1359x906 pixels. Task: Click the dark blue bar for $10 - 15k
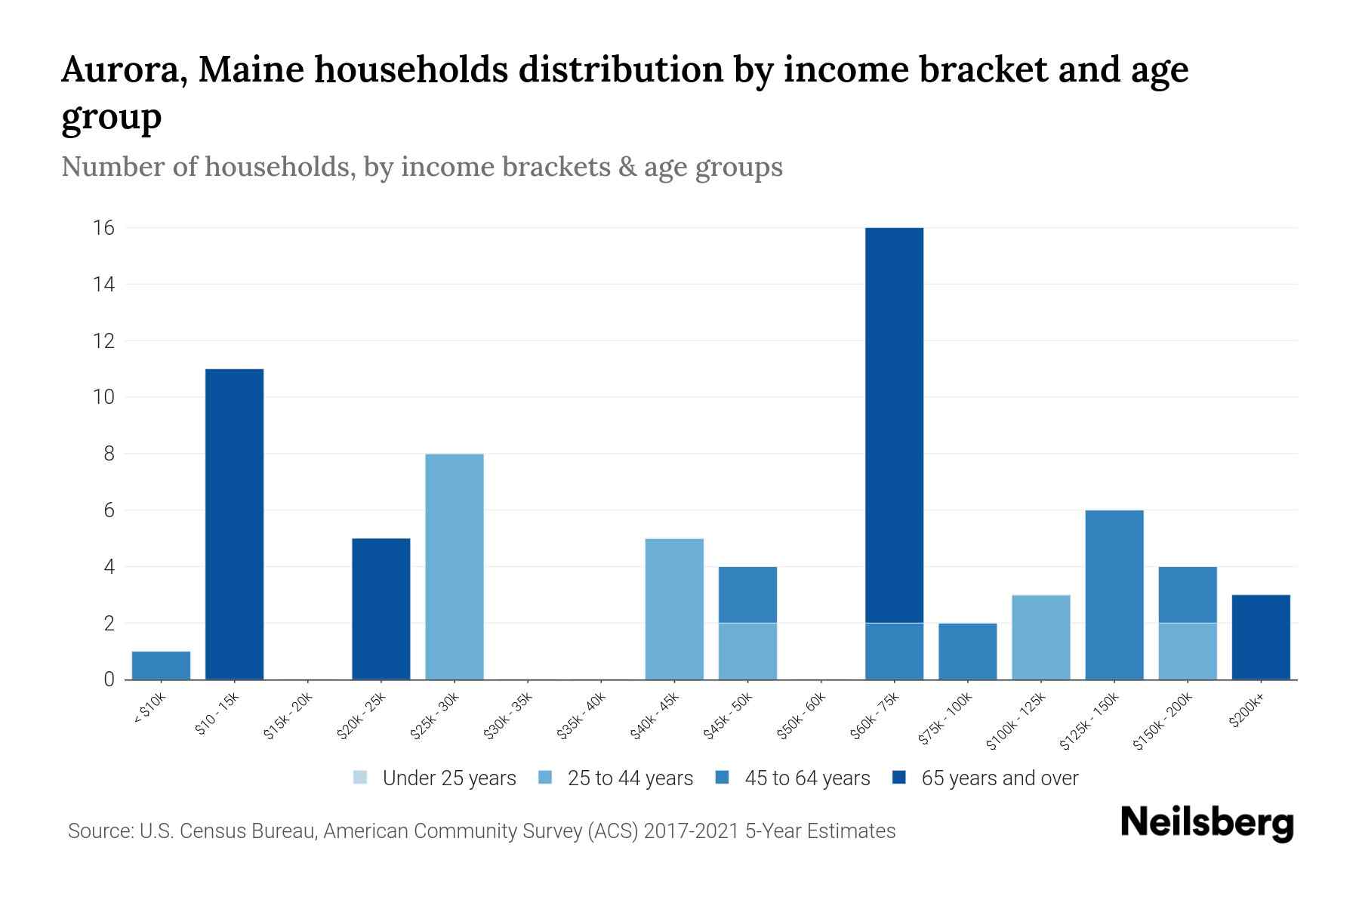[x=234, y=524]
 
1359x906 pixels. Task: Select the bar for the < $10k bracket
[x=161, y=665]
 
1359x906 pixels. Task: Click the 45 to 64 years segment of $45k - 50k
[x=747, y=595]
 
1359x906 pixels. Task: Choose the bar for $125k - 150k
[x=1114, y=595]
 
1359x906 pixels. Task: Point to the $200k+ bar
[x=1260, y=637]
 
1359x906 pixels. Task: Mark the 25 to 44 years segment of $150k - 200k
[x=1187, y=651]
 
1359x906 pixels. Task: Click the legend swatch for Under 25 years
[x=360, y=778]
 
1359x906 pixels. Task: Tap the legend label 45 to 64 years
[x=807, y=778]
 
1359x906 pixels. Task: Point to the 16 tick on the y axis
[x=104, y=228]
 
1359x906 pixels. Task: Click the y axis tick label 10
[x=104, y=397]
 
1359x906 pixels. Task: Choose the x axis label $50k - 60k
[x=802, y=716]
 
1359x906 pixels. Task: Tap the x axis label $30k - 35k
[x=508, y=716]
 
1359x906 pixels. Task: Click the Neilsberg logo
[x=1206, y=823]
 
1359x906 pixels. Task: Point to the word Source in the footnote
[x=99, y=831]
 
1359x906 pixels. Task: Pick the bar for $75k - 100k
[x=967, y=651]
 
